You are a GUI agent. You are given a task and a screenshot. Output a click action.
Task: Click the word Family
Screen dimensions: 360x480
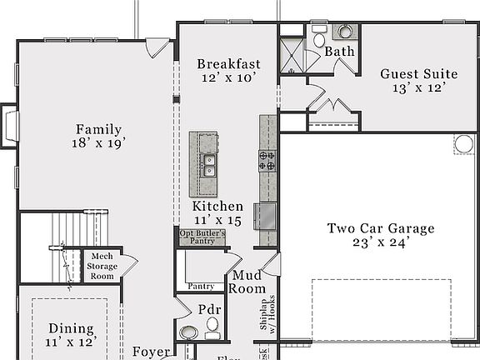98,129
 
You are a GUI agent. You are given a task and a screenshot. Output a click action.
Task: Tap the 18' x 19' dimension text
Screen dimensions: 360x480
98,143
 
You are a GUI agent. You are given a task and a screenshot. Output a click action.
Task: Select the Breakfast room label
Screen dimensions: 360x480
228,64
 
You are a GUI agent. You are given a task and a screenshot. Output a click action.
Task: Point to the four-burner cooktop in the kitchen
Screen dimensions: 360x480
267,160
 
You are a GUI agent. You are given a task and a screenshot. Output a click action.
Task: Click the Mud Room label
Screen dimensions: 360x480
248,282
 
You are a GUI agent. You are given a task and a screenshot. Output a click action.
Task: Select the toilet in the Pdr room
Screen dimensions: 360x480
212,334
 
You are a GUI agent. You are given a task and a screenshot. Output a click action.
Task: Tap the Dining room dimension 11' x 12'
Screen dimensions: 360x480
71,342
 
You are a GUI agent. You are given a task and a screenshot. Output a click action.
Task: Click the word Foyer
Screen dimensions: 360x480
152,352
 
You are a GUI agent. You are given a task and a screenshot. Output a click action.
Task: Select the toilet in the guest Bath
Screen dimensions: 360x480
319,38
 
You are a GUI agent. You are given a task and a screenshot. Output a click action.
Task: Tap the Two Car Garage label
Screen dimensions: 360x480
380,228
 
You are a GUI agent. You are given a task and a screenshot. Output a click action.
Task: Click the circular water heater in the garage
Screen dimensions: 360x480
463,144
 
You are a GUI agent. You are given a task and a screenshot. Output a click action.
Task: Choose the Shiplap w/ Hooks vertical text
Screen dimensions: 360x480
267,312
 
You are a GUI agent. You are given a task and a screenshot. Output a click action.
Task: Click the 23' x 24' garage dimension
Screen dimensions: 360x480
380,244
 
